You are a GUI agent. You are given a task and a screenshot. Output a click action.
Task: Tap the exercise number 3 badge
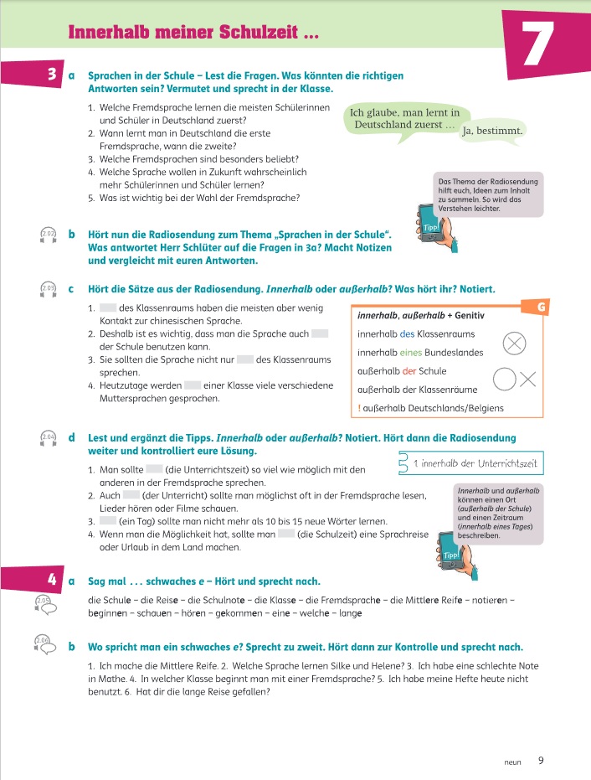coord(52,75)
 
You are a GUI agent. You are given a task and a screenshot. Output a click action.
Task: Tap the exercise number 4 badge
coord(52,579)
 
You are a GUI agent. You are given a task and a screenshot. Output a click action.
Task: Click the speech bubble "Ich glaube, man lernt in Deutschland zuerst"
coord(406,119)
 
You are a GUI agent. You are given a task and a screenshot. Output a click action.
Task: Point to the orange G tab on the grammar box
coord(540,307)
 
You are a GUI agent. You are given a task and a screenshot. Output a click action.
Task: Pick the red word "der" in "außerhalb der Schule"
coord(409,371)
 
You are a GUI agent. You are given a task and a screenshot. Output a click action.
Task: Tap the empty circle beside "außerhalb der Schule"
coord(504,379)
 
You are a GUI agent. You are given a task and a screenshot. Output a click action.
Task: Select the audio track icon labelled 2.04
coord(48,438)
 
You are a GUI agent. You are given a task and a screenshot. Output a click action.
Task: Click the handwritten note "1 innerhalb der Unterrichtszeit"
coord(475,464)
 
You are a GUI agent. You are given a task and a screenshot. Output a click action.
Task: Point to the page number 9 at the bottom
coord(541,761)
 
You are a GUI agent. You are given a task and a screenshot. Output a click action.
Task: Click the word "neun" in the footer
coord(512,762)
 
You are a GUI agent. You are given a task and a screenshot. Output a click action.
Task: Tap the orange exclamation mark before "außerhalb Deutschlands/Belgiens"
coord(359,408)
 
